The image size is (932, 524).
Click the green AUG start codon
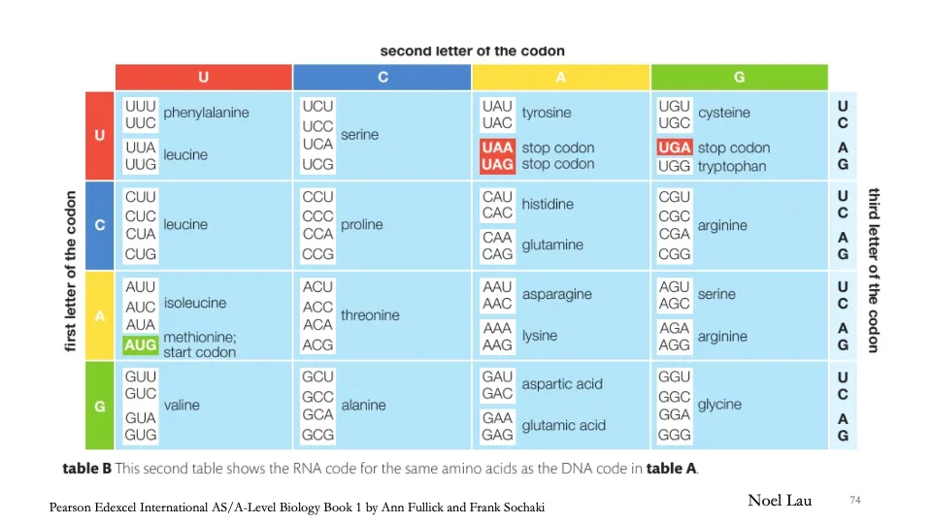pyautogui.click(x=141, y=344)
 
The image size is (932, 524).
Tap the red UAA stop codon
pyautogui.click(x=497, y=147)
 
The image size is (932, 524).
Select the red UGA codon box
pyautogui.click(x=675, y=147)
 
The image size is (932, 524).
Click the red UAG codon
pyautogui.click(x=497, y=165)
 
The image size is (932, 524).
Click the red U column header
pyautogui.click(x=203, y=77)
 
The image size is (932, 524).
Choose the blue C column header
pyautogui.click(x=383, y=77)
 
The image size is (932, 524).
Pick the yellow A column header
pyautogui.click(x=561, y=77)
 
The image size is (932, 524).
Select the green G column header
pyautogui.click(x=740, y=77)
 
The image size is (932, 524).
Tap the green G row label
pyautogui.click(x=100, y=406)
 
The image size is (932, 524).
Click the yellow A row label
pyautogui.click(x=100, y=315)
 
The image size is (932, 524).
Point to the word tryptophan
pyautogui.click(x=732, y=166)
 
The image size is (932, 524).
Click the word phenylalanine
pyautogui.click(x=206, y=113)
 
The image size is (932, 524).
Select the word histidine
pyautogui.click(x=548, y=205)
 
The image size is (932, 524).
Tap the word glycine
pyautogui.click(x=719, y=405)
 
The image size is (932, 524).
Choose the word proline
pyautogui.click(x=362, y=224)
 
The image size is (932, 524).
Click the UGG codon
pyautogui.click(x=675, y=166)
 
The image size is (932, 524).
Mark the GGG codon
pyautogui.click(x=675, y=436)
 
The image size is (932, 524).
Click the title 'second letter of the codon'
pyautogui.click(x=472, y=50)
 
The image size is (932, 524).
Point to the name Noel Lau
pyautogui.click(x=780, y=500)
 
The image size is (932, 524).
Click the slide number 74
pyautogui.click(x=855, y=500)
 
